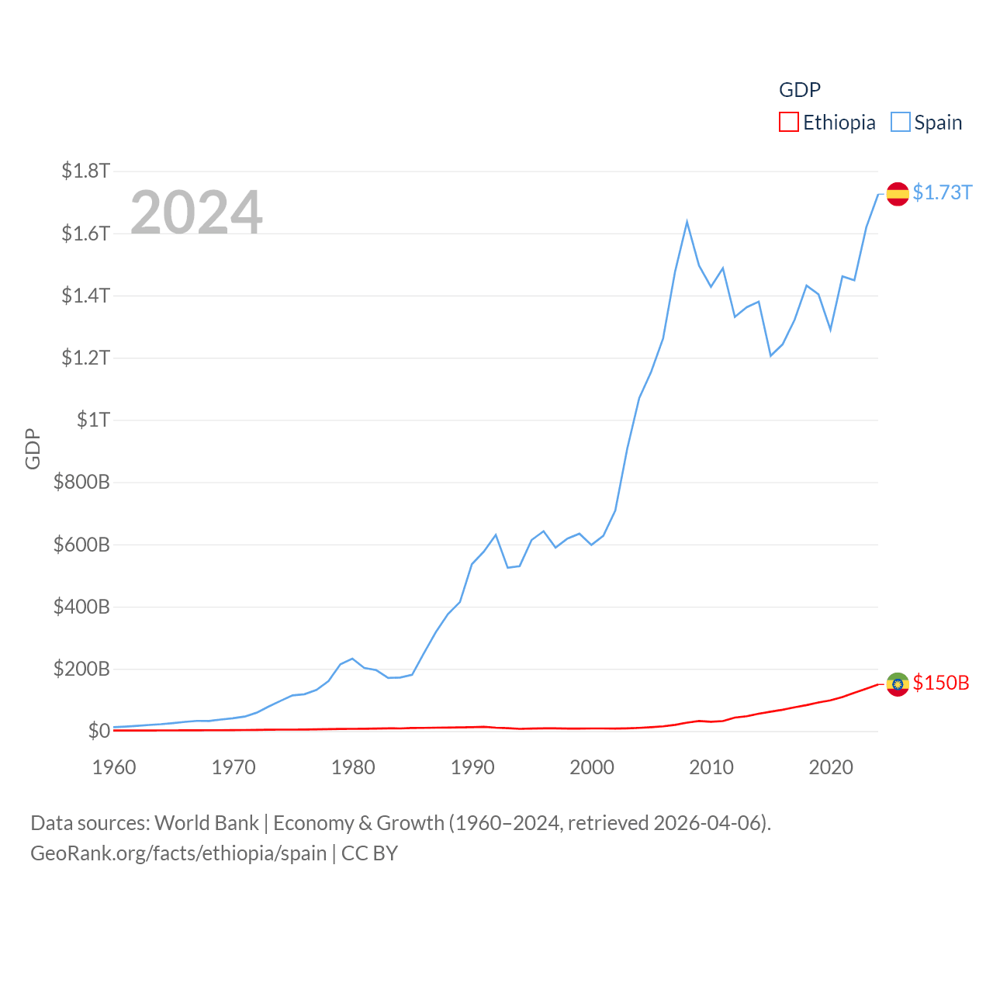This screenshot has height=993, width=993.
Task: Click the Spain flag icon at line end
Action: [x=898, y=194]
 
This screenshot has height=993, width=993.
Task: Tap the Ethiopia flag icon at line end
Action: [x=898, y=684]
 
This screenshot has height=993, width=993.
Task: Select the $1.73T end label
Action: [x=942, y=192]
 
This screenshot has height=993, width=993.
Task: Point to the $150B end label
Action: [x=940, y=683]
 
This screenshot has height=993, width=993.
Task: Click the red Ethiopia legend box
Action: [x=788, y=123]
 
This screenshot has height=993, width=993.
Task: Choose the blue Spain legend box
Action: [x=900, y=123]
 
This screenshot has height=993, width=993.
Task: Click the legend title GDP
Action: [x=799, y=90]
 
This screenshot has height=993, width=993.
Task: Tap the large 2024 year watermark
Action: [x=196, y=213]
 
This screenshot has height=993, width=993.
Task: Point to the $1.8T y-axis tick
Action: [x=85, y=171]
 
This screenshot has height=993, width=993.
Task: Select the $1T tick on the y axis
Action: [x=93, y=420]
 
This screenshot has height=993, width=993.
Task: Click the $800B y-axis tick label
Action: [x=81, y=482]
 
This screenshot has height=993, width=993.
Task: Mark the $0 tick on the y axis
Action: [x=99, y=731]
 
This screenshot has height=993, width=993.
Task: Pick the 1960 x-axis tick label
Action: [x=114, y=767]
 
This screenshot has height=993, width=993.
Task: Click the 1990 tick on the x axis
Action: [x=472, y=767]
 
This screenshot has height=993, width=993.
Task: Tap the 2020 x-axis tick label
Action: [x=831, y=767]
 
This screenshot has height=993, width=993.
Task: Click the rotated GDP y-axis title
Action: [x=33, y=448]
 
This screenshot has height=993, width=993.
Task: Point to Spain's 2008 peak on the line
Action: [x=687, y=223]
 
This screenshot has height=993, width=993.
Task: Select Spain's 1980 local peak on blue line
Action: [x=352, y=659]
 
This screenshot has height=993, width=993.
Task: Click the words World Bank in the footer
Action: [x=206, y=822]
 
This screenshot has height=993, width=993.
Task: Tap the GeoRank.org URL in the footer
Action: [x=178, y=853]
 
